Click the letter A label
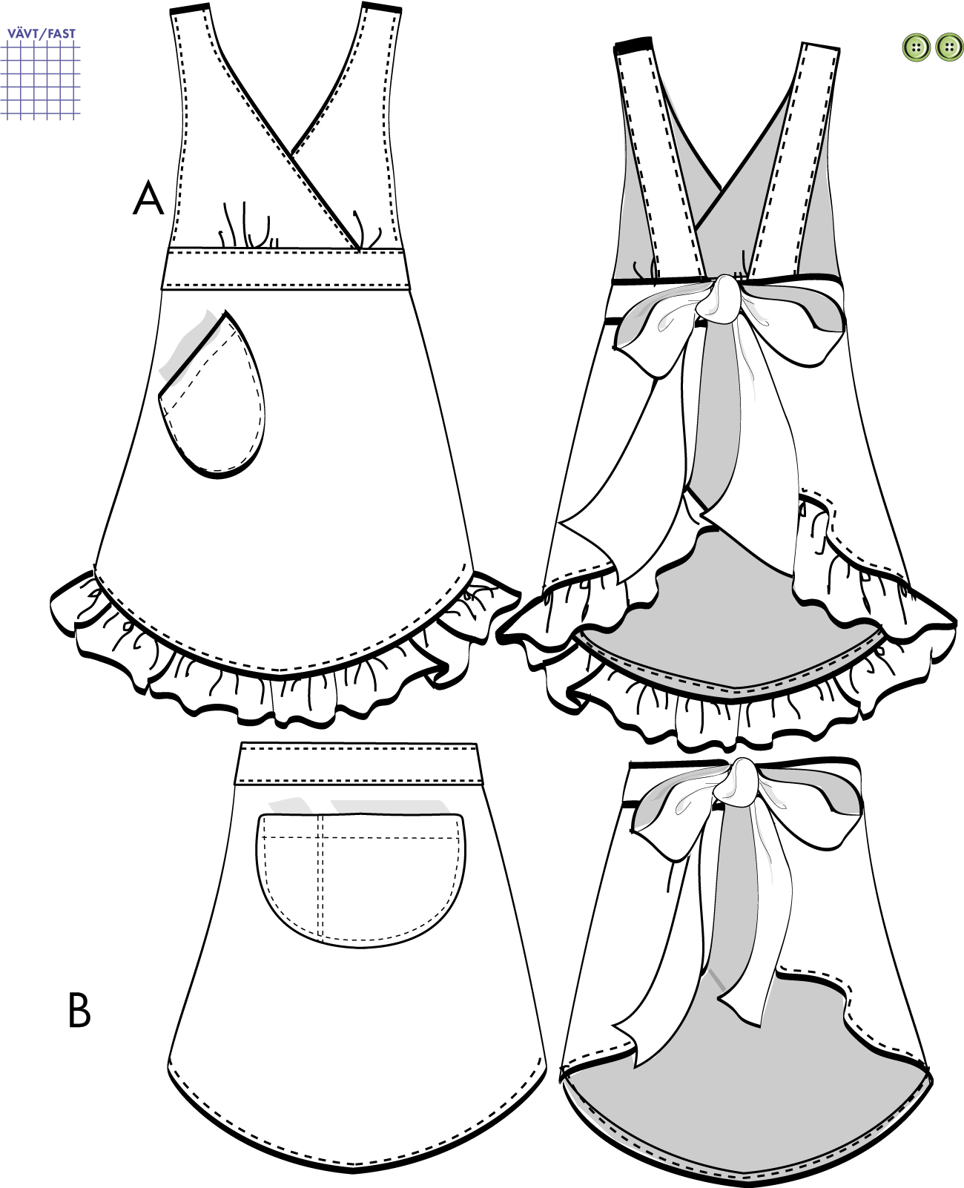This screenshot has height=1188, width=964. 148,199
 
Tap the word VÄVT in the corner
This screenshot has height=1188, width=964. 23,33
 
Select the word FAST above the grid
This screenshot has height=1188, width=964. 62,33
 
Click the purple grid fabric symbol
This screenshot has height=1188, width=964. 41,80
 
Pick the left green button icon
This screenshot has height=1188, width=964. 917,47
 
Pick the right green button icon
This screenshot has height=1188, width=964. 949,47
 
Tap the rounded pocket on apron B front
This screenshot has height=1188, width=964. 361,875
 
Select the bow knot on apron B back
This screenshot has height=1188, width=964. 736,782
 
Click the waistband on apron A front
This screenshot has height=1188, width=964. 285,269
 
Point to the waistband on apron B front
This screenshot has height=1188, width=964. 358,764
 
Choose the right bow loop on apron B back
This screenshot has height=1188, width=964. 816,805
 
